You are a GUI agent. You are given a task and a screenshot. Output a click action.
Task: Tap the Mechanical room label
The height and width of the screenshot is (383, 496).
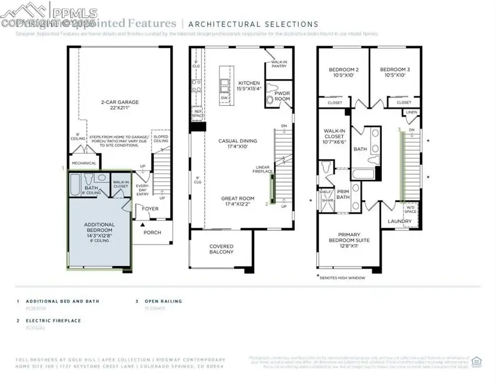click(x=84, y=163)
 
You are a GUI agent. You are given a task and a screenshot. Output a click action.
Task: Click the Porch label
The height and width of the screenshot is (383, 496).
click(x=152, y=233)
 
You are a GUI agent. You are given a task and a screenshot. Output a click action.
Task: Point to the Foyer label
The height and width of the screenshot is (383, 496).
click(x=150, y=209)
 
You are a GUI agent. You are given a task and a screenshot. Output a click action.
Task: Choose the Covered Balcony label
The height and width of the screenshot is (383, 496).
click(x=221, y=249)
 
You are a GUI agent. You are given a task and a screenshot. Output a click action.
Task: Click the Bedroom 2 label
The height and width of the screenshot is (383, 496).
click(x=344, y=72)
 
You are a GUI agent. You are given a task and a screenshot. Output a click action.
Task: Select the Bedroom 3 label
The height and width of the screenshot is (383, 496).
click(x=395, y=72)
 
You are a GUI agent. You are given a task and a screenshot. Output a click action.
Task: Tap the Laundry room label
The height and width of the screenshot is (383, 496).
click(x=399, y=222)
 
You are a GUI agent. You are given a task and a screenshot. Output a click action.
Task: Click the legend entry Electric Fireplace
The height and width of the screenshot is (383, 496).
click(x=53, y=320)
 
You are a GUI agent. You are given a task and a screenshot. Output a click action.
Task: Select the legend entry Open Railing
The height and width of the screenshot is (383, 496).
click(x=163, y=301)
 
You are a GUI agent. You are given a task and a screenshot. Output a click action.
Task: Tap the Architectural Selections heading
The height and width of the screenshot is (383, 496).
click(x=253, y=24)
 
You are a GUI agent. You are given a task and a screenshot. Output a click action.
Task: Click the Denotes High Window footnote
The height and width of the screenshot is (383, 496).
click(x=342, y=278)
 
